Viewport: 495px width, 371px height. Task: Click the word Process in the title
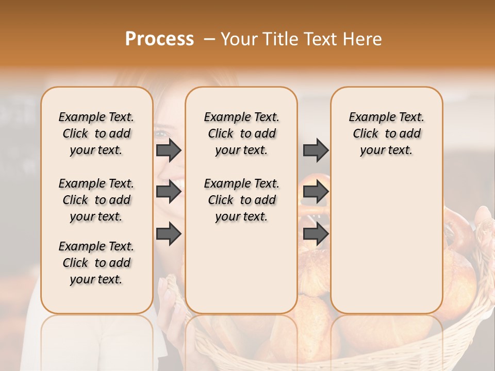click(159, 39)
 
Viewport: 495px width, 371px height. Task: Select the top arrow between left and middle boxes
click(168, 150)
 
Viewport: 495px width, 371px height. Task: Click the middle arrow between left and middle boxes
click(168, 192)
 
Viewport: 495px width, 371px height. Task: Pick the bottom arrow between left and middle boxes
click(168, 234)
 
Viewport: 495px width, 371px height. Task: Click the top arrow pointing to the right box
click(316, 150)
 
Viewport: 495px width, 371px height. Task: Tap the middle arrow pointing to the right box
click(316, 192)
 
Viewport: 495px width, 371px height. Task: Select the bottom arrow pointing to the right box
click(316, 234)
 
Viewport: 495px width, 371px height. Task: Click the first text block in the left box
click(96, 133)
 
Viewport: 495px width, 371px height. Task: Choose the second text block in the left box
click(96, 200)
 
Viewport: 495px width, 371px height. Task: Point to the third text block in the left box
click(96, 263)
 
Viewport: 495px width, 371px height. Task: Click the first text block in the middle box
click(241, 133)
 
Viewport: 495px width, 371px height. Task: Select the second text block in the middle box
click(241, 200)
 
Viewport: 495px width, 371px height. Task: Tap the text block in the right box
click(386, 133)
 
